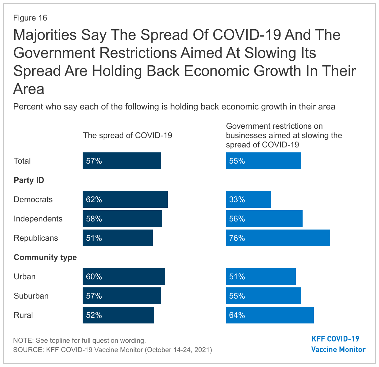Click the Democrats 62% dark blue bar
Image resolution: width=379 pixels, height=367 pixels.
pyautogui.click(x=125, y=199)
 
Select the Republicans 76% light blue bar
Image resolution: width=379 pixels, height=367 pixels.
pyautogui.click(x=278, y=238)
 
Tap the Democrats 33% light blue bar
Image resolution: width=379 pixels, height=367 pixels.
pyautogui.click(x=248, y=199)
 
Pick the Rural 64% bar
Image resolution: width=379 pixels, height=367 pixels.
pyautogui.click(x=270, y=315)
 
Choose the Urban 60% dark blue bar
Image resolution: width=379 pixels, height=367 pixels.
pyautogui.click(x=124, y=276)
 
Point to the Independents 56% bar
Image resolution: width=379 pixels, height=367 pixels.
pyautogui.click(x=264, y=219)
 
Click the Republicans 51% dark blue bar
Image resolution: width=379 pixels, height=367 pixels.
pyautogui.click(x=117, y=238)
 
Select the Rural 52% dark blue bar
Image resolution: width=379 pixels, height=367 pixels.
pyautogui.click(x=118, y=315)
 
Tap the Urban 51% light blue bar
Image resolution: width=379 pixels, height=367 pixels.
pyautogui.click(x=261, y=276)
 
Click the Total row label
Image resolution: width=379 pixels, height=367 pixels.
pyautogui.click(x=22, y=161)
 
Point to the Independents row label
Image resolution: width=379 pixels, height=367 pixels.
pyautogui.click(x=38, y=219)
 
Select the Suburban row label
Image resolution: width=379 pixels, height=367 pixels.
pyautogui.click(x=31, y=296)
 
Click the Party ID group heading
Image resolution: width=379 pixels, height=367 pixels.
pyautogui.click(x=29, y=180)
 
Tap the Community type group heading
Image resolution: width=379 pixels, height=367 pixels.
pyautogui.click(x=45, y=257)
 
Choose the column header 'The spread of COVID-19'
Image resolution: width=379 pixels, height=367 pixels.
pyautogui.click(x=127, y=135)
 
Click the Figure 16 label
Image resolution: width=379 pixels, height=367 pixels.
pyautogui.click(x=30, y=18)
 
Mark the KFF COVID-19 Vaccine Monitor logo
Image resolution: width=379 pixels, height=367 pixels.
pyautogui.click(x=338, y=344)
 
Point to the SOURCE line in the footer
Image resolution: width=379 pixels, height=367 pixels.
pyautogui.click(x=112, y=350)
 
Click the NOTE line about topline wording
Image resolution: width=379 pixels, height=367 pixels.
pyautogui.click(x=79, y=340)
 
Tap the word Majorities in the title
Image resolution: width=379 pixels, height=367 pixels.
pyautogui.click(x=45, y=35)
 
